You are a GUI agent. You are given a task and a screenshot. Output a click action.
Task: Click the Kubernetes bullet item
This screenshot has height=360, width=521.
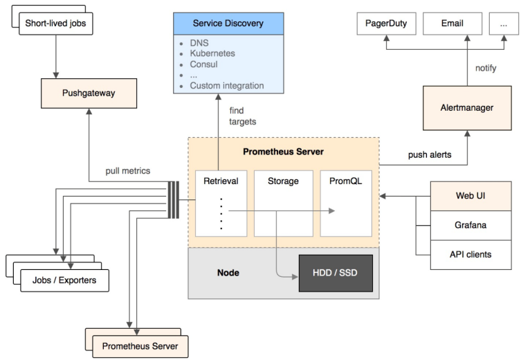(212, 53)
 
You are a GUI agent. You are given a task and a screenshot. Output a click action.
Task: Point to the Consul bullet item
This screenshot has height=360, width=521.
(204, 64)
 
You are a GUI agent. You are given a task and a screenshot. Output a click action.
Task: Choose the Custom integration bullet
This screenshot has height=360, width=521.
(227, 86)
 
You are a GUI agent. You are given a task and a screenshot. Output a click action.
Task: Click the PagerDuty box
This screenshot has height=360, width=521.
(386, 24)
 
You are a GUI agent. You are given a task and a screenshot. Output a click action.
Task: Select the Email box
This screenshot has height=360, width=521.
(452, 24)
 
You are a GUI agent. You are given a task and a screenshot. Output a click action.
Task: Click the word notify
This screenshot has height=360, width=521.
(486, 68)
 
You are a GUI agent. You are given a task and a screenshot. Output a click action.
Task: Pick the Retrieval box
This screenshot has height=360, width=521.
(221, 202)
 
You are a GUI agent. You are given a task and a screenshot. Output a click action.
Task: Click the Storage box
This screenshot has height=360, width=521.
(282, 202)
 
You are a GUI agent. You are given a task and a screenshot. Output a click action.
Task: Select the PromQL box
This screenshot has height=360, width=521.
(345, 202)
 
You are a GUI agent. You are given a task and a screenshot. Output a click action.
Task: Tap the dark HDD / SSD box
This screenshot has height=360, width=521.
(335, 272)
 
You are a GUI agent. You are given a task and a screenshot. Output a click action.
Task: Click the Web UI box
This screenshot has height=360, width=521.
(470, 196)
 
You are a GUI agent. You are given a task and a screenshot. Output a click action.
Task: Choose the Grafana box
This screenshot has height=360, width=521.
(470, 225)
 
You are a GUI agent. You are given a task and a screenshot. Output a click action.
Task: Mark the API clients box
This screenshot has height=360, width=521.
(470, 254)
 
